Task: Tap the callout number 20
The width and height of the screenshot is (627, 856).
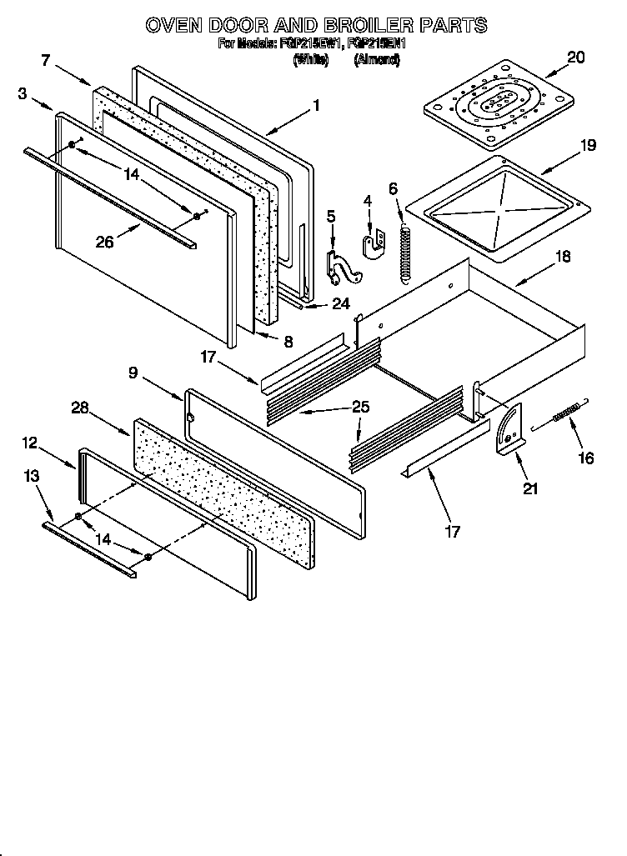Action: tap(575, 58)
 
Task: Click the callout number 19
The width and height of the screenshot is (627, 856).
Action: tap(588, 145)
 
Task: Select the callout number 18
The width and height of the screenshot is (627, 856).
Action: tap(563, 257)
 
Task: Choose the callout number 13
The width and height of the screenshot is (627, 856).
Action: tap(31, 476)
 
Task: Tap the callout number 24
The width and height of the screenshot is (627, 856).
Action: tap(340, 304)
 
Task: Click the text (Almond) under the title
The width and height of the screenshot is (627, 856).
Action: tap(377, 60)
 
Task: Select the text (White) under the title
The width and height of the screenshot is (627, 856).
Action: tap(309, 60)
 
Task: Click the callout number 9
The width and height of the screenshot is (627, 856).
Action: tap(133, 373)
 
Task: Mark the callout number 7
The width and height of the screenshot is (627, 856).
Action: tap(46, 59)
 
